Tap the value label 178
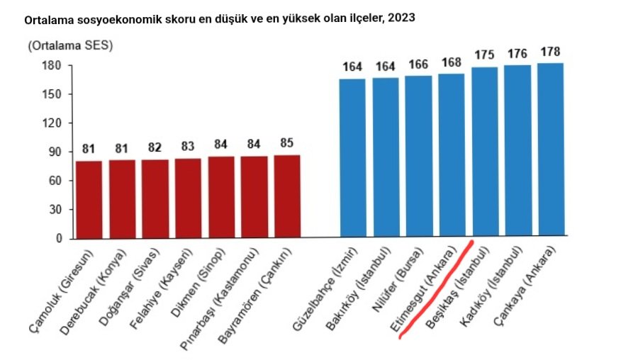[551, 52]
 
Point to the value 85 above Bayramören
[287, 143]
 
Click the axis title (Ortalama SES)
[70, 46]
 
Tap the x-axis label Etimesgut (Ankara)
[423, 288]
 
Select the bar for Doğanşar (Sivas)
[155, 199]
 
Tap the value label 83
[188, 147]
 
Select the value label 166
[418, 64]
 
